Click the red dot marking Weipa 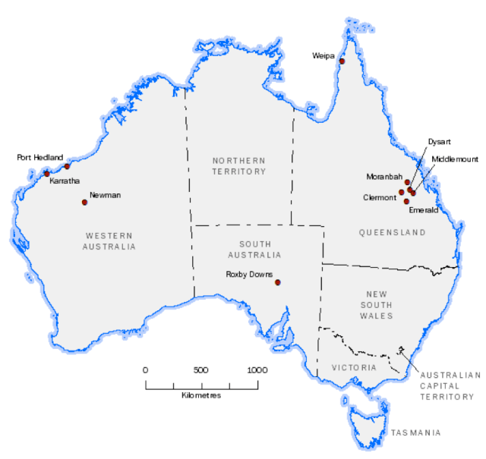point(342,61)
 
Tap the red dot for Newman point(84,202)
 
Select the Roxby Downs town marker point(278,282)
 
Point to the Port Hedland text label point(40,158)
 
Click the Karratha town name point(65,182)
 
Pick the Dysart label point(439,142)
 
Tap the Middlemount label point(455,159)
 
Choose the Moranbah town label point(383,177)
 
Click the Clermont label point(380,197)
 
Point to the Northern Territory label point(239,166)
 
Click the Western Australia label point(111,241)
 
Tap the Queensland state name point(393,233)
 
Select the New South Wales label point(377,303)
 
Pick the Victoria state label point(355,367)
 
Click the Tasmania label point(415,433)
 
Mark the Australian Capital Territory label point(449,385)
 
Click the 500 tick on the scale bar point(200,370)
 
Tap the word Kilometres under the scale point(201,396)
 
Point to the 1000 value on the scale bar point(257,370)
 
